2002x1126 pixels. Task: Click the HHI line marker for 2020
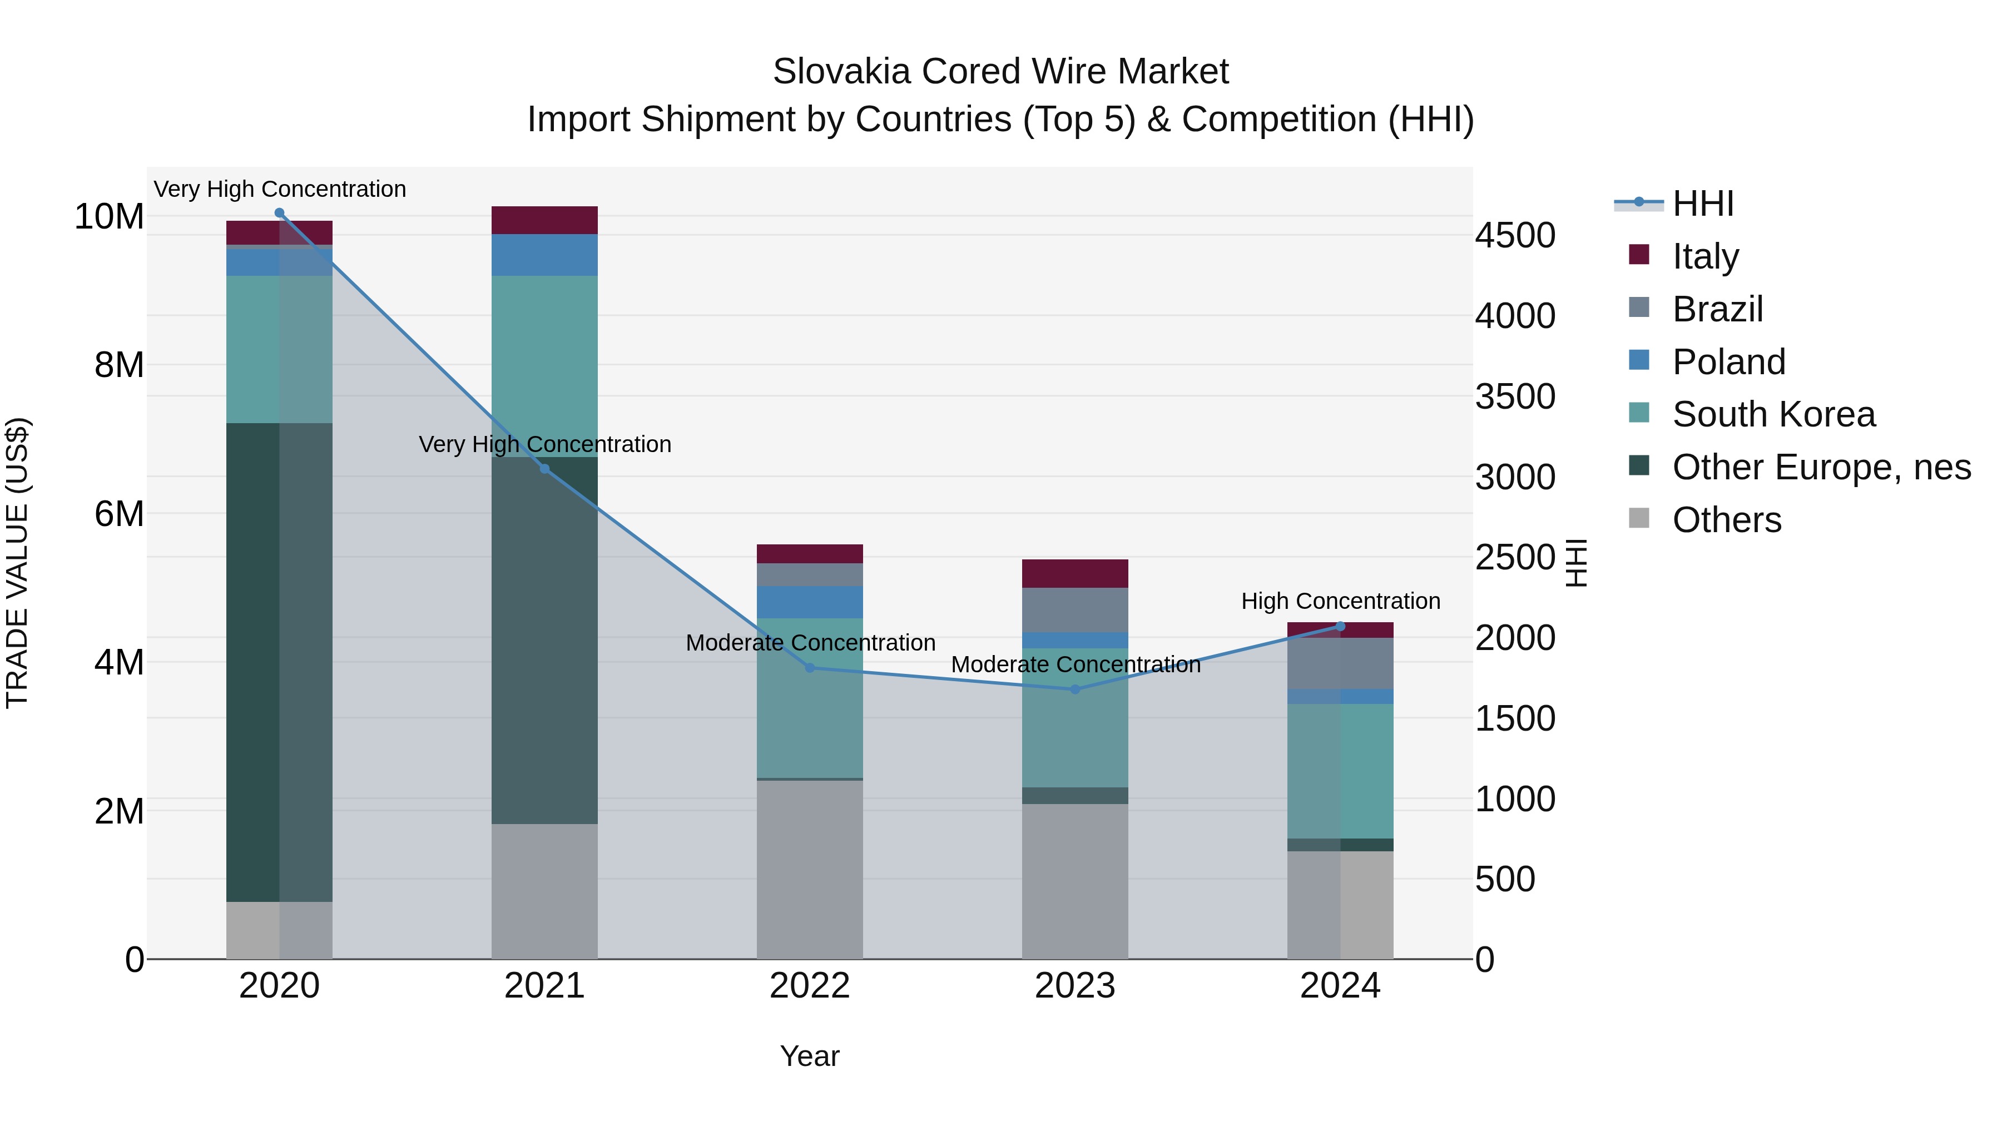pyautogui.click(x=280, y=213)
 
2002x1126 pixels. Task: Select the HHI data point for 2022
pyautogui.click(x=810, y=667)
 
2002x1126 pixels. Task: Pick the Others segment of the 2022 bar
pyautogui.click(x=810, y=869)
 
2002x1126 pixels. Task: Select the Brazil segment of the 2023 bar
pyautogui.click(x=1075, y=610)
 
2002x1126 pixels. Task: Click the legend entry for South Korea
pyautogui.click(x=1773, y=414)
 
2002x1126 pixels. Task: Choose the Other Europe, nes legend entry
pyautogui.click(x=1821, y=467)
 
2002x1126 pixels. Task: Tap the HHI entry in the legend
pyautogui.click(x=1702, y=204)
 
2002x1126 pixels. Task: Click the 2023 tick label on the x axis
pyautogui.click(x=1075, y=986)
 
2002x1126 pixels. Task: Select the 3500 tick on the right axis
pyautogui.click(x=1515, y=396)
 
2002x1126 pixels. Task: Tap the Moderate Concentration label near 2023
pyautogui.click(x=1075, y=664)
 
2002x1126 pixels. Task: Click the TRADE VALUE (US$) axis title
pyautogui.click(x=17, y=563)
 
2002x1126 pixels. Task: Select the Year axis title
pyautogui.click(x=810, y=1056)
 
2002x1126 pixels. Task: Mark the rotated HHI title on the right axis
pyautogui.click(x=1576, y=563)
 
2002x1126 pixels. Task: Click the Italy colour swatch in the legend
pyautogui.click(x=1638, y=254)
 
